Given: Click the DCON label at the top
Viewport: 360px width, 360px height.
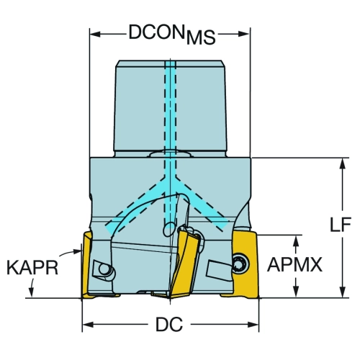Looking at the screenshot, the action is coord(156,32).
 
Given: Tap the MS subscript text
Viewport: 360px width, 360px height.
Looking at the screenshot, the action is coord(201,37).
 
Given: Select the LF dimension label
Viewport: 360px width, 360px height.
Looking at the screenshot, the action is coord(341,224).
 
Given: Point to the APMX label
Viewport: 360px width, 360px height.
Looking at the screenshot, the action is coord(294,264).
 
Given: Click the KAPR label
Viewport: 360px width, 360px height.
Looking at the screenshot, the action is coord(32,268).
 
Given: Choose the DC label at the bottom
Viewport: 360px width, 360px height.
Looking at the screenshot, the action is coord(169,325).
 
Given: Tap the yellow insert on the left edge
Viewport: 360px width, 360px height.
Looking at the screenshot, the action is coord(87,265).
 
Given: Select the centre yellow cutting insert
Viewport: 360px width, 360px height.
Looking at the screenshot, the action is coord(185,261).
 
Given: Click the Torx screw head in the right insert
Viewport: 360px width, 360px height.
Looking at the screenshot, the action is coord(240,264).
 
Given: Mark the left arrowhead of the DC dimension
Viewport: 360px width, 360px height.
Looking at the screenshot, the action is coord(88,325).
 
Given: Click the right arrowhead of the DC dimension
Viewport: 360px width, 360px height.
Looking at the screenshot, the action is coord(253,325).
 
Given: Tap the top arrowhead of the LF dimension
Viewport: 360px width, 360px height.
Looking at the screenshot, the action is coord(343,163).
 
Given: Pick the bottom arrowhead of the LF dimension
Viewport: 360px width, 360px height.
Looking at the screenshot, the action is coord(343,292).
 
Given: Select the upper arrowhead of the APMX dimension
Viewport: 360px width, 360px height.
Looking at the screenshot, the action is coord(297,240).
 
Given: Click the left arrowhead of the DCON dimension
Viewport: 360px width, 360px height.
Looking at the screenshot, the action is coord(95,34).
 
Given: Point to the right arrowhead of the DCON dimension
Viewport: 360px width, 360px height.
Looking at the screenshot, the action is coord(245,34).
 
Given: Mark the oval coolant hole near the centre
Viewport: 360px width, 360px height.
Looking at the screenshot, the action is coord(169,229).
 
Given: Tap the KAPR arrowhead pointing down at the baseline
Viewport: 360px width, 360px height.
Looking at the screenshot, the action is coord(30,292).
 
